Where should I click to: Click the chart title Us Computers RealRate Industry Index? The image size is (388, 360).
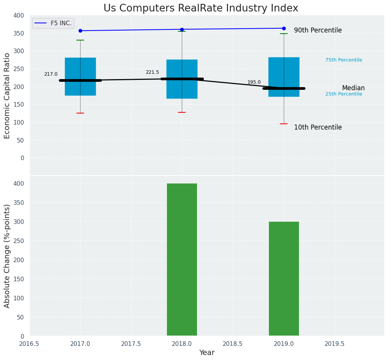click(x=200, y=8)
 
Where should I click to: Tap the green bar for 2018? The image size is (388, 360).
click(x=182, y=259)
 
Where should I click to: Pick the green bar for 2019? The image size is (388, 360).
click(x=284, y=279)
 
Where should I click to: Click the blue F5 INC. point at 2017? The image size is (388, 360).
click(x=80, y=31)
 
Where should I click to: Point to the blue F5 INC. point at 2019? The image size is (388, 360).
click(x=284, y=28)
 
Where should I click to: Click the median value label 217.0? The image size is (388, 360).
click(x=51, y=74)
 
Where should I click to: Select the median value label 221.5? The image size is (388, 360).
click(x=152, y=72)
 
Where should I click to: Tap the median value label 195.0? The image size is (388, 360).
click(x=254, y=82)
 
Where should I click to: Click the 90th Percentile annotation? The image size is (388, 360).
click(x=318, y=31)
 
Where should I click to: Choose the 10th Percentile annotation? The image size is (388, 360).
click(x=318, y=128)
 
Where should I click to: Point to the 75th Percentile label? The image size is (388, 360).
click(x=344, y=60)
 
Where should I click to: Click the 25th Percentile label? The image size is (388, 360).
click(x=344, y=94)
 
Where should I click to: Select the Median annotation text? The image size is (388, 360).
click(x=353, y=88)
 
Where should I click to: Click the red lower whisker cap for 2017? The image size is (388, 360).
click(x=80, y=113)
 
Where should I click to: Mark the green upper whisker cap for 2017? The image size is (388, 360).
click(x=80, y=40)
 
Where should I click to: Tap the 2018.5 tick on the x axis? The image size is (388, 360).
click(x=233, y=344)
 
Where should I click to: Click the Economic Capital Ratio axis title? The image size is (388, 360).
click(x=7, y=96)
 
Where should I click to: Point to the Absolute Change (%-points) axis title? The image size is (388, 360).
click(x=7, y=256)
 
